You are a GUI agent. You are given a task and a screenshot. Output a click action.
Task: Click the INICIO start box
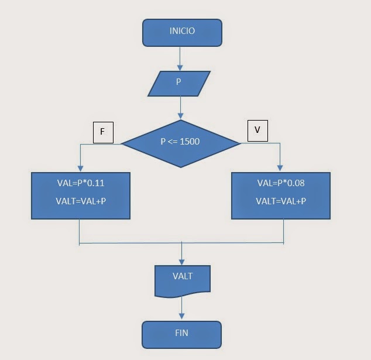[x=182, y=32]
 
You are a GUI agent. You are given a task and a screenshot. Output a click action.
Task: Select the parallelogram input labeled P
[x=179, y=83]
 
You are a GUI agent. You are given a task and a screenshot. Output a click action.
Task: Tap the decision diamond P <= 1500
[x=180, y=142]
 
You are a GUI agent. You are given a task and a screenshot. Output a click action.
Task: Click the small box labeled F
[x=102, y=132]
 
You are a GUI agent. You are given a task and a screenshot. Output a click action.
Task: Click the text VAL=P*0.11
[x=81, y=183]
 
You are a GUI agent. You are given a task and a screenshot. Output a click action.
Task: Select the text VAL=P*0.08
[x=280, y=183]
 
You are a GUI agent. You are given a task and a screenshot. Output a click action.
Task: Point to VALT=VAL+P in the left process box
[x=81, y=201]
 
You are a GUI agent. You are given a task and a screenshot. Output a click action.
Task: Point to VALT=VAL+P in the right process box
[x=280, y=201]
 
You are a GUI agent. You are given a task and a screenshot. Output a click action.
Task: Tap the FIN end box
[x=182, y=334]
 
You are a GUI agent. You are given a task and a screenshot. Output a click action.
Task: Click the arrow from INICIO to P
[x=180, y=58]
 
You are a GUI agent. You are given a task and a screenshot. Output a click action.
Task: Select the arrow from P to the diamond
[x=181, y=107]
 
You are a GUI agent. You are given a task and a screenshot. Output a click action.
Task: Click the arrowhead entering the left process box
[x=79, y=167]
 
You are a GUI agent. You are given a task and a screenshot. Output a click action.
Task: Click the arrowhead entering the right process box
[x=281, y=167]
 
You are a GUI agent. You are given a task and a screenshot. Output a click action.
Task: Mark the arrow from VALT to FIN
[x=182, y=308]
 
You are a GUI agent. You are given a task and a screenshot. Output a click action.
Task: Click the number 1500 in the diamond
[x=190, y=142]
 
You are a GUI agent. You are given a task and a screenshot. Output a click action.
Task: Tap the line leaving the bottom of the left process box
[x=79, y=231]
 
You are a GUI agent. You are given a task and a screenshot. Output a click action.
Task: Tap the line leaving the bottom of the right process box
[x=284, y=231]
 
